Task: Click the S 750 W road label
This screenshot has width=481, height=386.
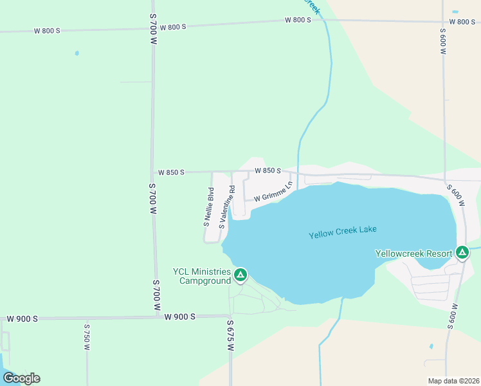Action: tap(87, 336)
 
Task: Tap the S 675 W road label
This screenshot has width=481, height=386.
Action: tap(230, 335)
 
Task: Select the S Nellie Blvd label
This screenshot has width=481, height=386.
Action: tap(208, 207)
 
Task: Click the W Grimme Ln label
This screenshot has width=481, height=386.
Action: tap(273, 192)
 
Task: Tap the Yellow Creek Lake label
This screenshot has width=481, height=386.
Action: tap(342, 232)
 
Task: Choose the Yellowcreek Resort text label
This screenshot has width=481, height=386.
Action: tap(413, 253)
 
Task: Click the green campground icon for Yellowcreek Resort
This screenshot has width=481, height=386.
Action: tap(462, 253)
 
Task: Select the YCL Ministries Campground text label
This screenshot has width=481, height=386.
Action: tap(201, 277)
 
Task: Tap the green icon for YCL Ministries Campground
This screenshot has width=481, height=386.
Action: tap(240, 275)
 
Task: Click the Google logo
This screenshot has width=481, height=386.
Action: tap(22, 378)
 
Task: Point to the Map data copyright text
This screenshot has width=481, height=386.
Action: tap(453, 381)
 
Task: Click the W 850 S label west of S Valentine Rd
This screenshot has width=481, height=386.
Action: tap(171, 172)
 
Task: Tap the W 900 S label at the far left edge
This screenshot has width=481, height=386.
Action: tap(23, 319)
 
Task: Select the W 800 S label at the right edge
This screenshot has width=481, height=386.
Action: tap(462, 22)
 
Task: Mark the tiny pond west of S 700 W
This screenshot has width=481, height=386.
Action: tap(77, 53)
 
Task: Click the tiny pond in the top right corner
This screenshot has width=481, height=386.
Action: tap(455, 12)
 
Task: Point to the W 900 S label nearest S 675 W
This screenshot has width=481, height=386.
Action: tap(179, 317)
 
